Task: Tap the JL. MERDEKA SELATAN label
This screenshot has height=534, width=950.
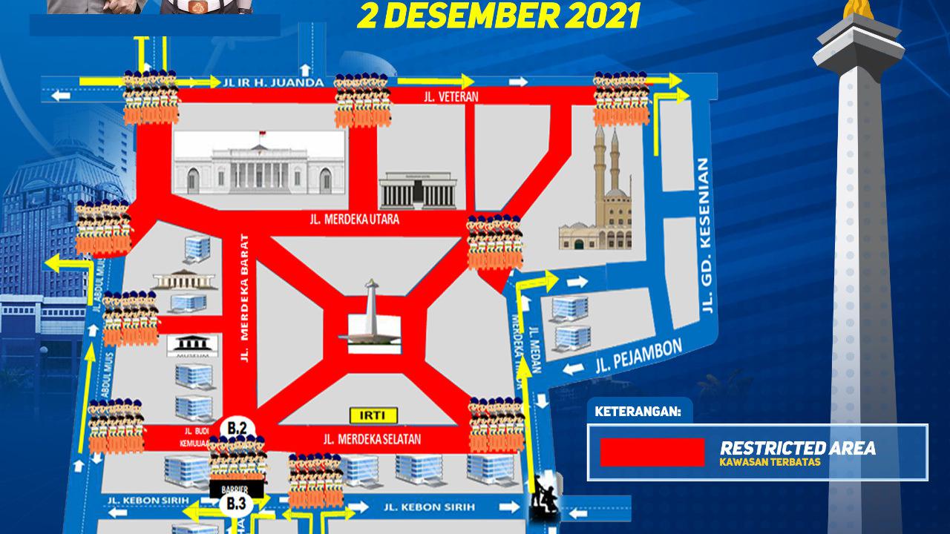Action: click(x=372, y=439)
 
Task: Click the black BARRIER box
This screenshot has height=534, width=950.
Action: click(x=237, y=489)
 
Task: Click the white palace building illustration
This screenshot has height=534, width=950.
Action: click(x=259, y=165)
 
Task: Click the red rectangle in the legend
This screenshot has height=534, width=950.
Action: click(x=652, y=452)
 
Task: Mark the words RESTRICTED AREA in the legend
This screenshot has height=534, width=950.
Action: click(x=797, y=448)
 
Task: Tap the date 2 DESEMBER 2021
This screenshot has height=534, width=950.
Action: click(x=498, y=16)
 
